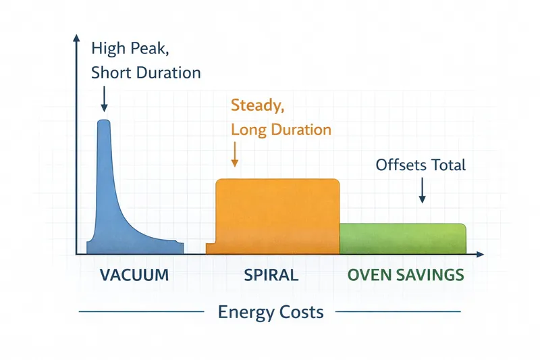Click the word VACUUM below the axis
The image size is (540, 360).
coord(134,276)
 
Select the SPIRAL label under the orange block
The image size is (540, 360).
coord(271,276)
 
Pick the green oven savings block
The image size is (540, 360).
coord(402,238)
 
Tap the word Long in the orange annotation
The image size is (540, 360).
coord(248,129)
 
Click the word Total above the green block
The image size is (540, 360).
coord(448,164)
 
